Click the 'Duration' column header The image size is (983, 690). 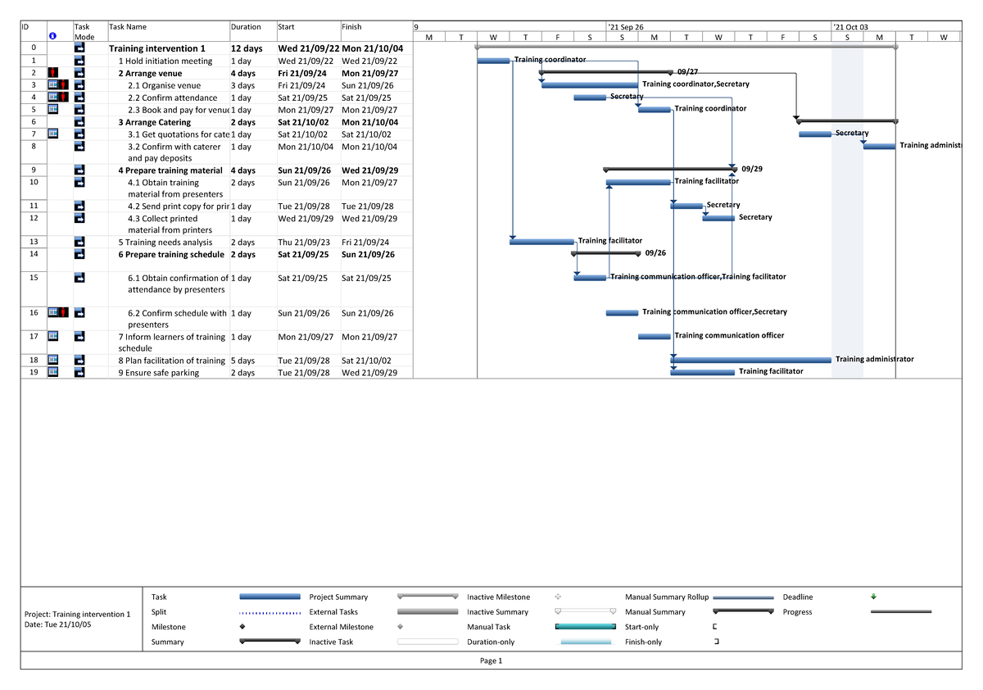246,27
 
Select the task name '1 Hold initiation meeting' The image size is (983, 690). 165,61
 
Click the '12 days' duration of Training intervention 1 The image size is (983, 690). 247,49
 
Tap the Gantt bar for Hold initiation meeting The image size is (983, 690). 493,61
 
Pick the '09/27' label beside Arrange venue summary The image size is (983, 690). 687,72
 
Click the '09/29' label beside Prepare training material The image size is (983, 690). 752,169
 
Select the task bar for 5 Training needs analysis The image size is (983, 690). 541,242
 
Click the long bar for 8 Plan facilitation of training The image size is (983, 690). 750,360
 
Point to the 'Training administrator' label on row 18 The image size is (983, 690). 874,359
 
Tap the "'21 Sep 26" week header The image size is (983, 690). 625,27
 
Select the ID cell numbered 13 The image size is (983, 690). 34,242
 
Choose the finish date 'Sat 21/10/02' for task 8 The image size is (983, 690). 366,361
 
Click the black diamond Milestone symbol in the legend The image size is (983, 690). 242,627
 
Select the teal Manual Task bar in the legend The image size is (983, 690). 585,627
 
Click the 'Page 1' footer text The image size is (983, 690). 491,661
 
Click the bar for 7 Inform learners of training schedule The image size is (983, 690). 654,336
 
